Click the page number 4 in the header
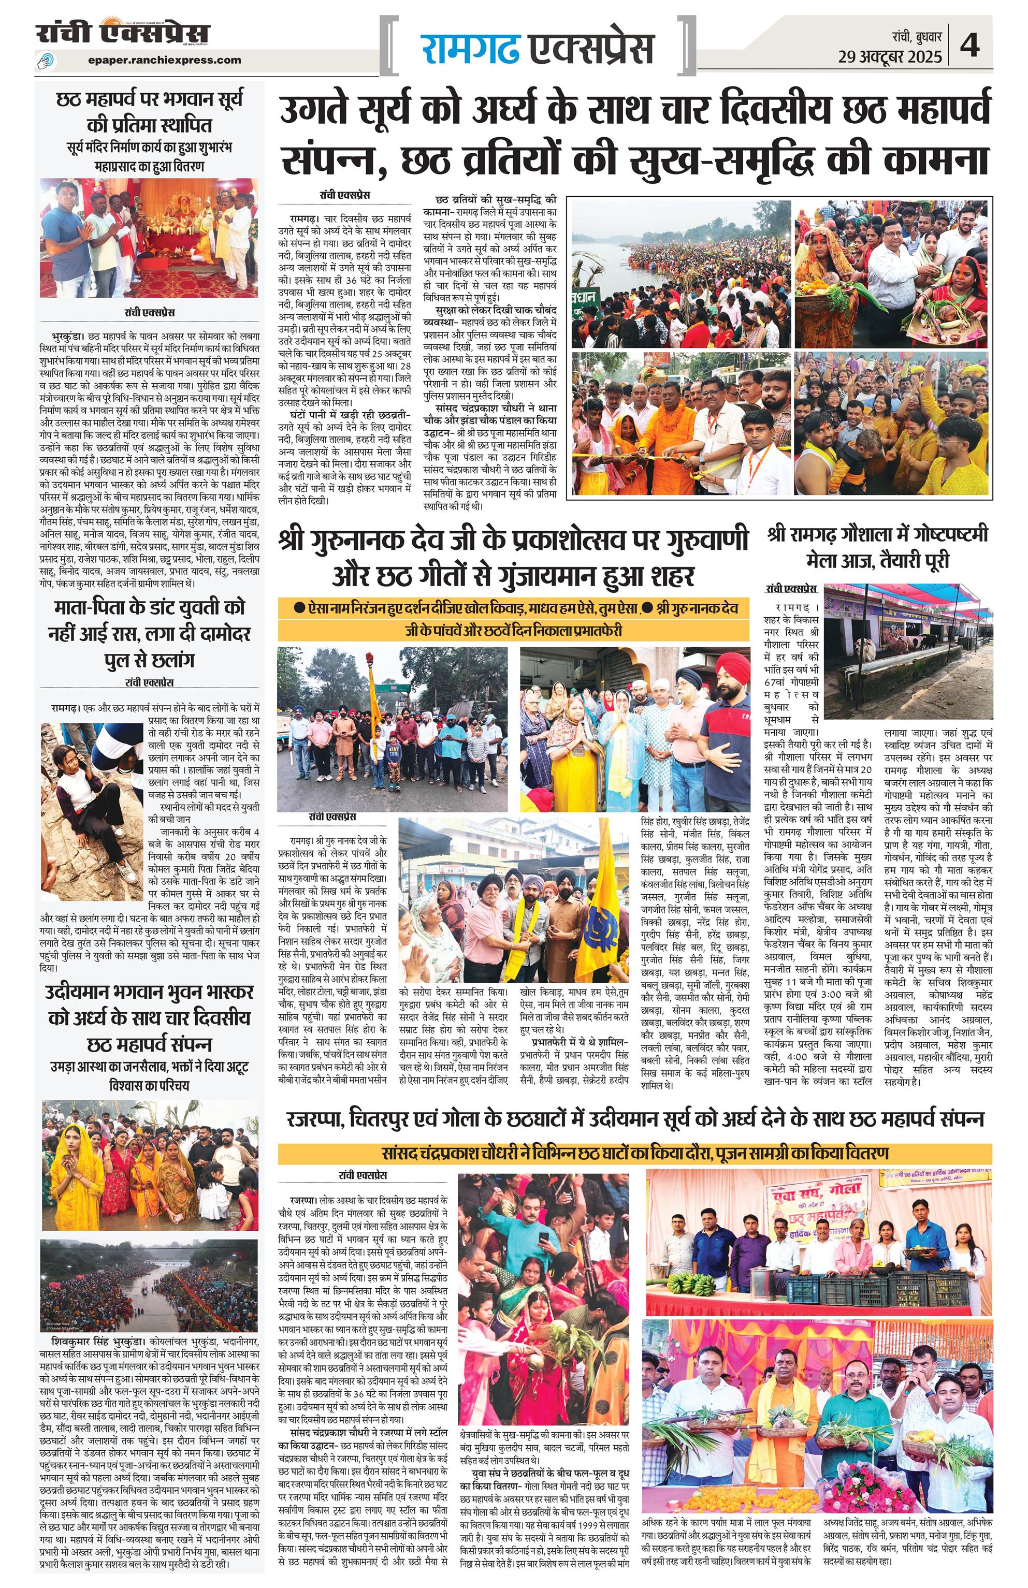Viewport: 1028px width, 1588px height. tap(970, 47)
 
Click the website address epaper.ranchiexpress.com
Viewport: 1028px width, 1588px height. tap(164, 60)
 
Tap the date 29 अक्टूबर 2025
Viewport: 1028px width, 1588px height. tap(890, 57)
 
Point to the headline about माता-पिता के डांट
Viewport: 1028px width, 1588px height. tap(149, 633)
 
